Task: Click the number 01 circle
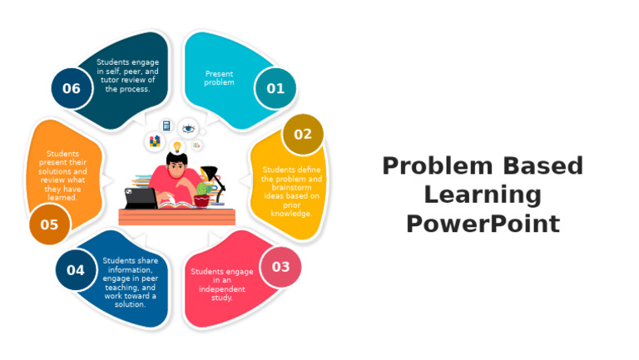point(275,88)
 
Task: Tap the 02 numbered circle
point(303,134)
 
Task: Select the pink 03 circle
point(280,267)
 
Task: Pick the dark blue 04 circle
point(76,270)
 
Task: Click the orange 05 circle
point(49,224)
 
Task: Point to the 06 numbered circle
point(72,88)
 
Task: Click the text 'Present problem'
point(220,78)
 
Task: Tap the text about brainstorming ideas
point(290,191)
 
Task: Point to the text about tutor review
point(127,75)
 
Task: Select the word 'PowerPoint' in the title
point(482,224)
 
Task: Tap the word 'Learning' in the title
point(482,195)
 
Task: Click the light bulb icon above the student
point(176,146)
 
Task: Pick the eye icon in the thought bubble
point(188,129)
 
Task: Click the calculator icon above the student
point(166,126)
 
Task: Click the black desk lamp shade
point(210,172)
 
